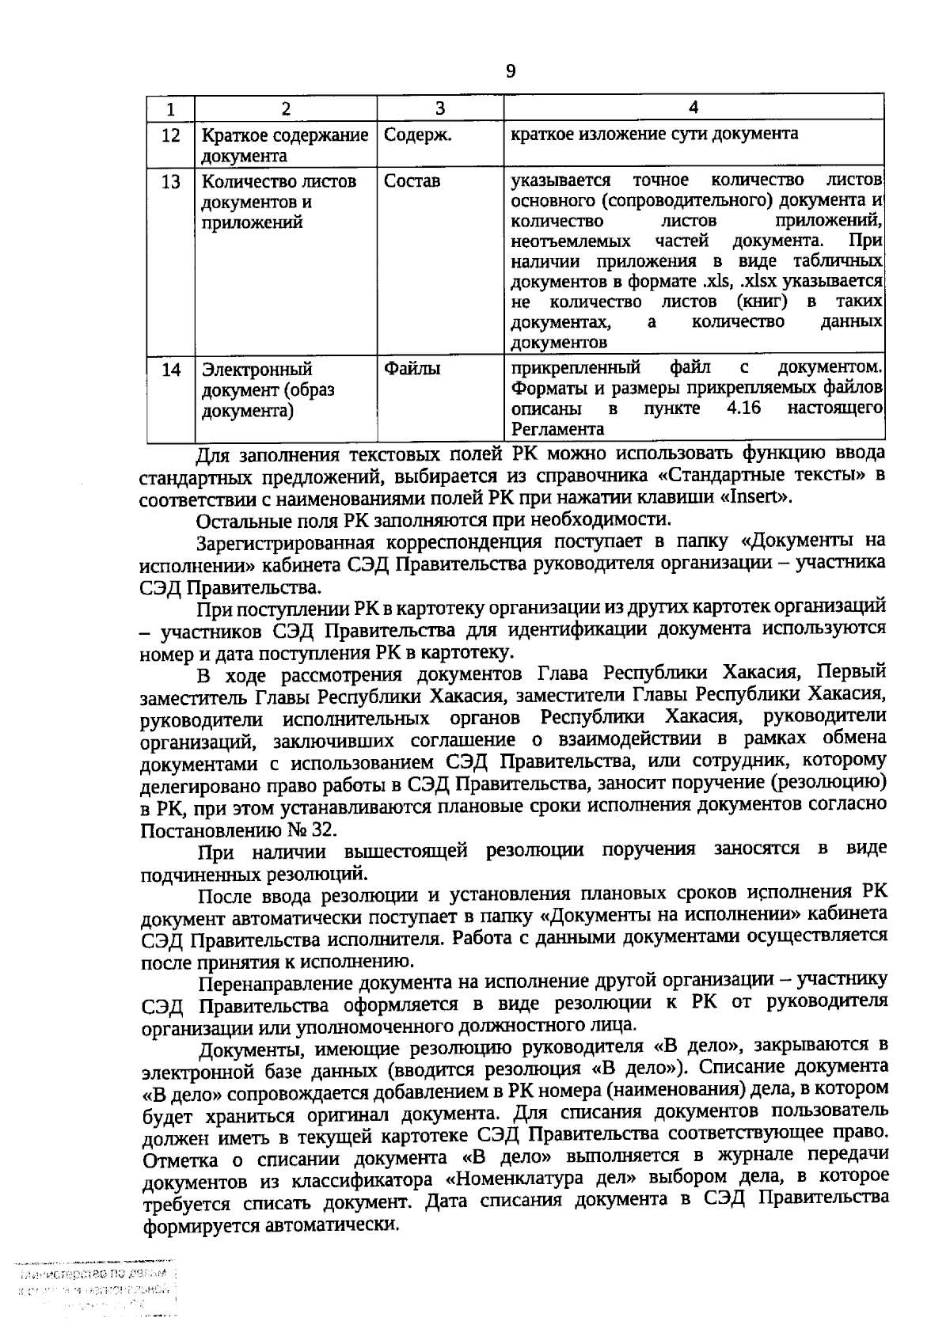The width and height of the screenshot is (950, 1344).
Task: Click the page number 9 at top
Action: [510, 72]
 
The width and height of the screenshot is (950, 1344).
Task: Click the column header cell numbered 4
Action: [693, 108]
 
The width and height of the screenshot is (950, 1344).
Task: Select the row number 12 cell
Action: [170, 135]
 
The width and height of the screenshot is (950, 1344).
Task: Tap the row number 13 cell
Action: [170, 182]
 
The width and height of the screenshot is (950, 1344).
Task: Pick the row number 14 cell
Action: [170, 370]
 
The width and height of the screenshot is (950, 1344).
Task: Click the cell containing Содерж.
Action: [417, 135]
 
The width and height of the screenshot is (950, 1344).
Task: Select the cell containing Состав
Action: [412, 181]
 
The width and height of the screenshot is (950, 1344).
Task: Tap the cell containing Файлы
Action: [412, 369]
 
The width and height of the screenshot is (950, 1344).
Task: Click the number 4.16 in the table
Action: [743, 408]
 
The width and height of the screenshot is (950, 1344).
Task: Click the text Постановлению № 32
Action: [237, 830]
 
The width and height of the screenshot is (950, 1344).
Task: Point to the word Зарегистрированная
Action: [302, 543]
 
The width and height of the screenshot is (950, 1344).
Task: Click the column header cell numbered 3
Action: [440, 108]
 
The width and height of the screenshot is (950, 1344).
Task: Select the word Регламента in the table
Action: [558, 430]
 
